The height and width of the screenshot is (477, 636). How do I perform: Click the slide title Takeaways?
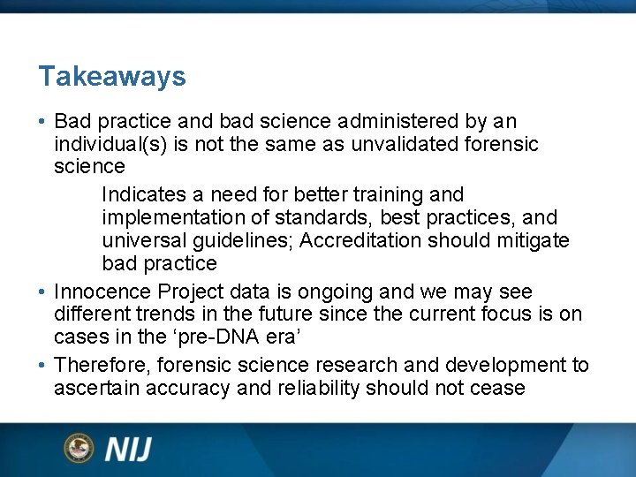point(112,77)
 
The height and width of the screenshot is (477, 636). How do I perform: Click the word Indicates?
point(141,194)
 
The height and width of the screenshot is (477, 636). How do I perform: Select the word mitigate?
point(532,240)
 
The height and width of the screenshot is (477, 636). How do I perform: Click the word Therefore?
point(101,366)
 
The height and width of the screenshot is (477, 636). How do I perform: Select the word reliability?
point(317,389)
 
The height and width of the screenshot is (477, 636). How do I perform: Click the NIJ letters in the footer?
point(129,450)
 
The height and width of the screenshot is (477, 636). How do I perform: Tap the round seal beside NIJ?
point(79,449)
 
